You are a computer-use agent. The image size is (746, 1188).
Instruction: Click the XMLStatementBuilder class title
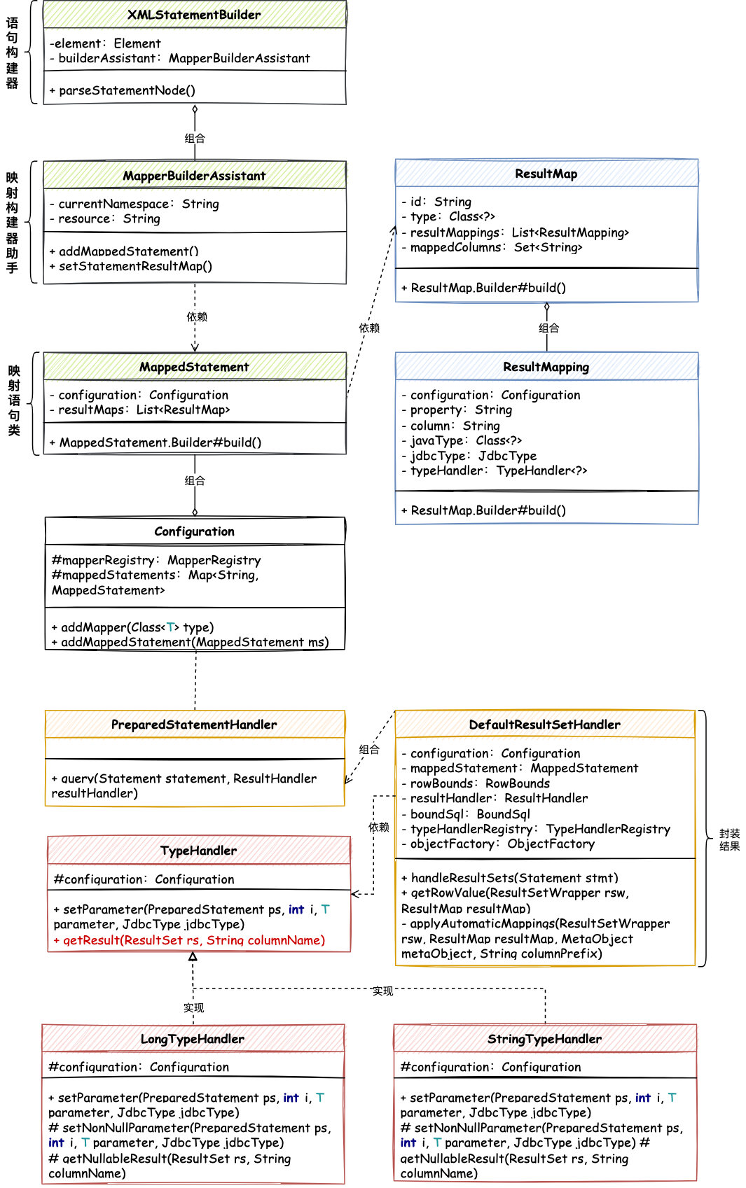(194, 15)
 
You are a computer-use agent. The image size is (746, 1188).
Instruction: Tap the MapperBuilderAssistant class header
(194, 176)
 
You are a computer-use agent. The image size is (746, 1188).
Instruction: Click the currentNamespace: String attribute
(134, 204)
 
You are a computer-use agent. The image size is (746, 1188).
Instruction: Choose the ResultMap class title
(546, 174)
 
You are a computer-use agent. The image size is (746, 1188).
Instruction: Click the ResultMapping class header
(546, 367)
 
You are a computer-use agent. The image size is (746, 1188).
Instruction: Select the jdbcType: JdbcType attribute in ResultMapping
(469, 456)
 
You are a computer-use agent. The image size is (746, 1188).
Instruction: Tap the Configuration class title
(194, 531)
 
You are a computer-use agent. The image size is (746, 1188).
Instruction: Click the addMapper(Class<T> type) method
(133, 627)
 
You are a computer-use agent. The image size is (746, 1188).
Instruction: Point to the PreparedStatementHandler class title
(194, 725)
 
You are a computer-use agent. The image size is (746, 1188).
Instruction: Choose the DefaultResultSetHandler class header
(544, 725)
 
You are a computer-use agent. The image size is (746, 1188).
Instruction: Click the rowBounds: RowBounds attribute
(476, 783)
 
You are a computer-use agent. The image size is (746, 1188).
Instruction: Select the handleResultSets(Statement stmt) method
(510, 878)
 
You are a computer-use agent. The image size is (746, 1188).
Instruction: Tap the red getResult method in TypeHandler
(190, 940)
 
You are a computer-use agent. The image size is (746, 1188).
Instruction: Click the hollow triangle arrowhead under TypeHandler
(193, 957)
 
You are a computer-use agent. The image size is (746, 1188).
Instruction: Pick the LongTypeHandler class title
(193, 1039)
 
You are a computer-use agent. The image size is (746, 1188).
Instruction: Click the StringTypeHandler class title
(544, 1039)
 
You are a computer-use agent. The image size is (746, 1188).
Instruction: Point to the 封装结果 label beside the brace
(729, 839)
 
